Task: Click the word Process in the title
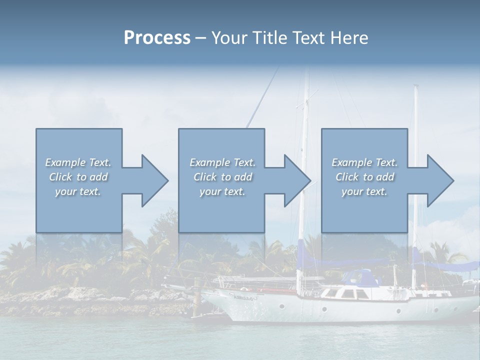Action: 157,38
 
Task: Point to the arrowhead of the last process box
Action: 439,180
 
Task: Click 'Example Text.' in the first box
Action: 78,162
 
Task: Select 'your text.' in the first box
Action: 78,191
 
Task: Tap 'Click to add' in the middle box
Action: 222,177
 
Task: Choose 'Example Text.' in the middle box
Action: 222,162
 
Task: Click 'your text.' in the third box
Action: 364,191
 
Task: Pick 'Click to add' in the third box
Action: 364,177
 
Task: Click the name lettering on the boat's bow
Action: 244,296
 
